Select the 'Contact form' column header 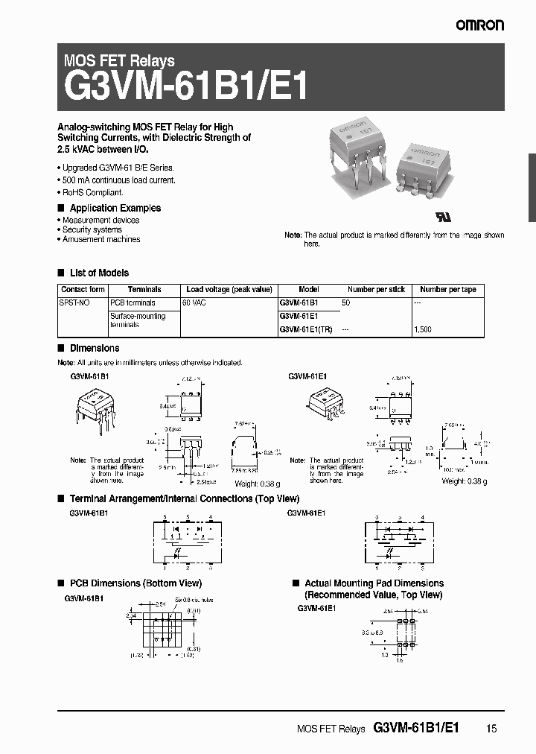pos(83,289)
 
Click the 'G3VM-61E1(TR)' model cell pos(305,329)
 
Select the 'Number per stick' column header pos(376,289)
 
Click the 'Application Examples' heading pos(115,208)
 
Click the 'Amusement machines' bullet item pos(100,239)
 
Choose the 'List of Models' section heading pos(98,273)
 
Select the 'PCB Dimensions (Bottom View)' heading pos(135,583)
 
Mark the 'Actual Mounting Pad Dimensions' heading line pos(374,583)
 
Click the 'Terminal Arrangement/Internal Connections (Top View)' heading pos(184,498)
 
